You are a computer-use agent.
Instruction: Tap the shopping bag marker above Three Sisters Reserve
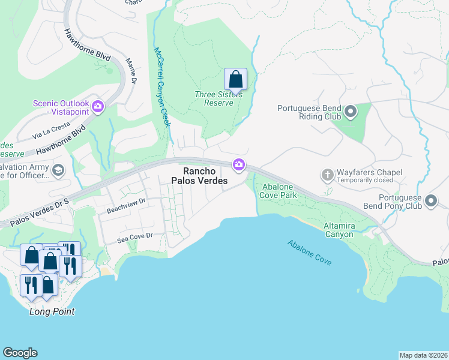tap(235, 79)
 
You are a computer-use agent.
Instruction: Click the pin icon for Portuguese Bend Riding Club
tap(351, 112)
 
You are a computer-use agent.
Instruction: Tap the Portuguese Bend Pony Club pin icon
tap(430, 201)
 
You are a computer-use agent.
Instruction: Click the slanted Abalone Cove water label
tap(309, 253)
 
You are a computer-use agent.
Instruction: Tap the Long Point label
tap(52, 311)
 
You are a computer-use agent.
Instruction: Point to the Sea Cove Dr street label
tap(136, 237)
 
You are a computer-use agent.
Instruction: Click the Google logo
tap(20, 353)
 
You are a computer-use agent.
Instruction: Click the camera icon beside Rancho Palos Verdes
tap(239, 164)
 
